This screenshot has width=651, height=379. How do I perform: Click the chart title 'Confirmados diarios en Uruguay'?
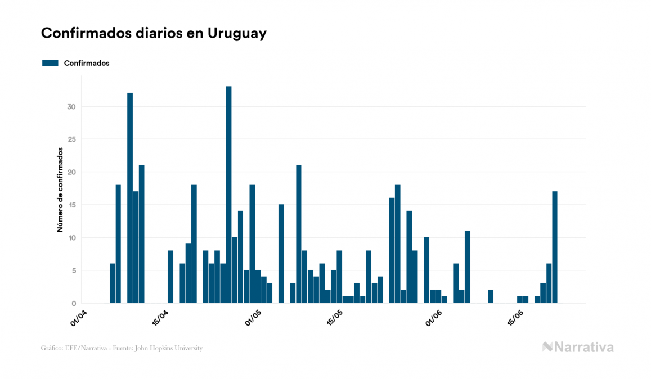coord(154,33)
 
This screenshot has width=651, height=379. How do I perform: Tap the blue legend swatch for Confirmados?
coord(51,63)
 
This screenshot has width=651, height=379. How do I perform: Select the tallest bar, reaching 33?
coord(228,195)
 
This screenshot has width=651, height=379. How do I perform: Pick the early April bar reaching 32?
coord(130,198)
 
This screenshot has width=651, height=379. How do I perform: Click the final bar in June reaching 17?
coord(555,247)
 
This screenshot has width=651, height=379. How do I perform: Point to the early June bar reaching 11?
coord(467,267)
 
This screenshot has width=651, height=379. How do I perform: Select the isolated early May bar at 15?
coord(281,254)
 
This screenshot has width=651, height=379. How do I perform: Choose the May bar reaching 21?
coord(299,234)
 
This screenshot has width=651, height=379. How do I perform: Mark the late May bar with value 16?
coord(392,251)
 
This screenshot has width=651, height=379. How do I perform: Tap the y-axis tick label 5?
coord(73,270)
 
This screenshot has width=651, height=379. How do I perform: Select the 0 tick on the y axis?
coord(73,304)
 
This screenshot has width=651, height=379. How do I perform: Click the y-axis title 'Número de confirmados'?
coord(60,190)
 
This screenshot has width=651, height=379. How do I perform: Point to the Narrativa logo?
coord(578,347)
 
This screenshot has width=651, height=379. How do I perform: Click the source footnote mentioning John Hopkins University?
coord(122,348)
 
